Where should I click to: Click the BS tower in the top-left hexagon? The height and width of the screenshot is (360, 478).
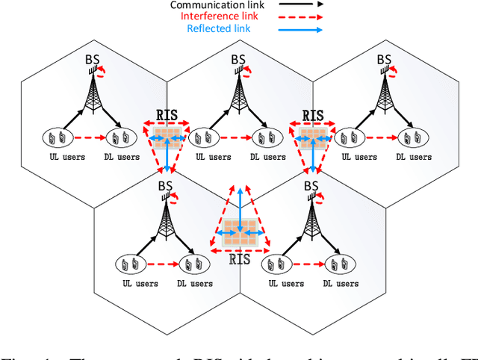click(94, 89)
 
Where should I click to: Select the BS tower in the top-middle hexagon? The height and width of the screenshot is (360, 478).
click(238, 89)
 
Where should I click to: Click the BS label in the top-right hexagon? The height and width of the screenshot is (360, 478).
click(384, 59)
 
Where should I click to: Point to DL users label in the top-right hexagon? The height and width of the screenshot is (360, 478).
click(413, 157)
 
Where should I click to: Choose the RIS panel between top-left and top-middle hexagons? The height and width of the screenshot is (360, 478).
click(167, 136)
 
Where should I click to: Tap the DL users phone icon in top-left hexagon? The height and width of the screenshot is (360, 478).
click(122, 137)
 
